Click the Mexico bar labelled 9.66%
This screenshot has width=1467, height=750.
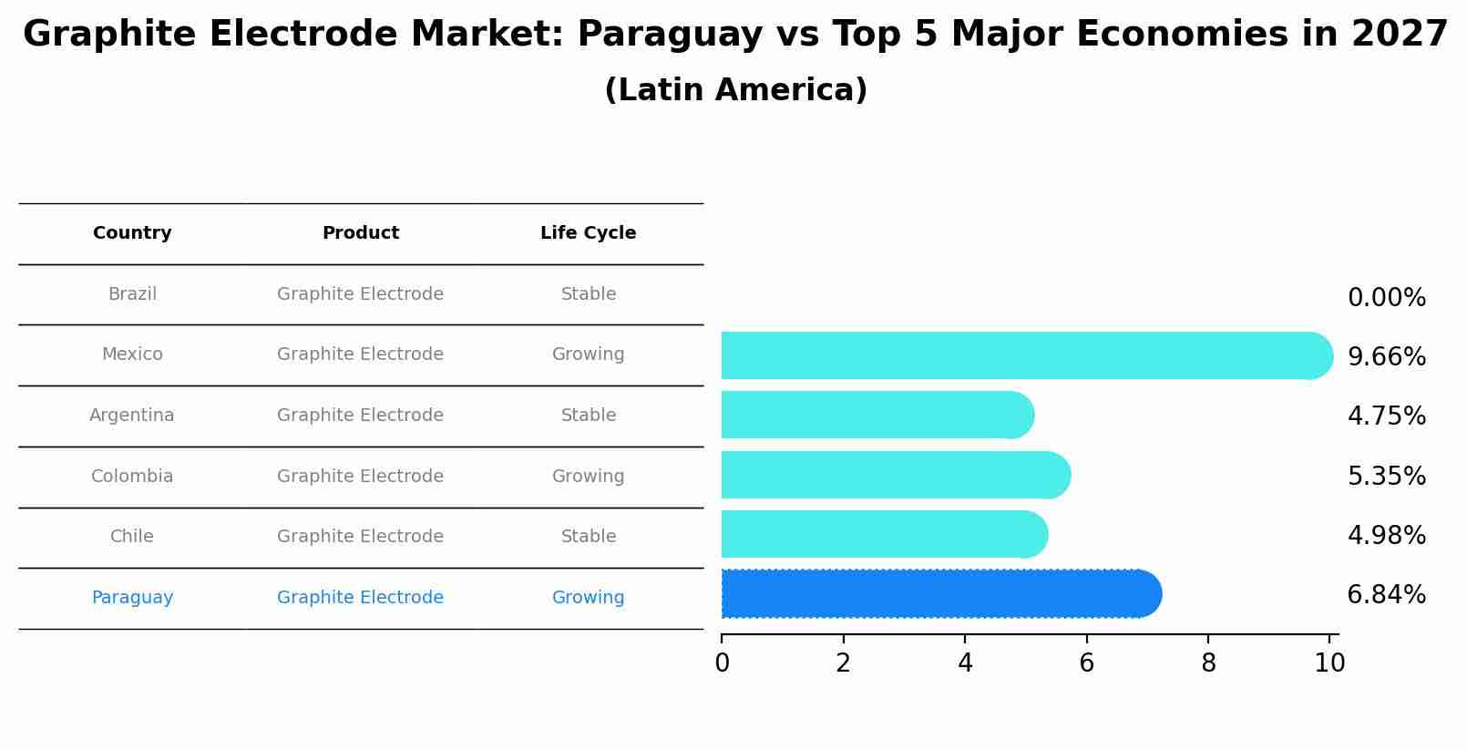(1021, 355)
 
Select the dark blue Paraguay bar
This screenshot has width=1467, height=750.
(939, 594)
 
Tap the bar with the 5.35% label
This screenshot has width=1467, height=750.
(893, 475)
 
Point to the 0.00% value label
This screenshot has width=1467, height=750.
(1386, 298)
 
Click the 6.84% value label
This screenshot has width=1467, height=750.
(1386, 595)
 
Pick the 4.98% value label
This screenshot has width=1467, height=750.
(1386, 536)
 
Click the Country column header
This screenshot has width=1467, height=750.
(132, 233)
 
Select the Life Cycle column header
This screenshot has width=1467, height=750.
(588, 233)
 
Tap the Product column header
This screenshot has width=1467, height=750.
(360, 233)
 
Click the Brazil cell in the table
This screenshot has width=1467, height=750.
(132, 294)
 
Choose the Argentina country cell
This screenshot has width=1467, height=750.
(132, 416)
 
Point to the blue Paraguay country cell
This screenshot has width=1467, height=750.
(132, 598)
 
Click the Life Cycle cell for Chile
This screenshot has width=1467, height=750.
(588, 537)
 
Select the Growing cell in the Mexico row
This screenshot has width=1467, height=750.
(588, 354)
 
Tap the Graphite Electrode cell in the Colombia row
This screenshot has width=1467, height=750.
(360, 477)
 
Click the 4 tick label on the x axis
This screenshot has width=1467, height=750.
(965, 663)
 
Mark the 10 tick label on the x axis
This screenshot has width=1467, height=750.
(1329, 663)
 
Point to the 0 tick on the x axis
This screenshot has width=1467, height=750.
(722, 663)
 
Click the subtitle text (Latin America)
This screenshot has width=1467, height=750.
(735, 90)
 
